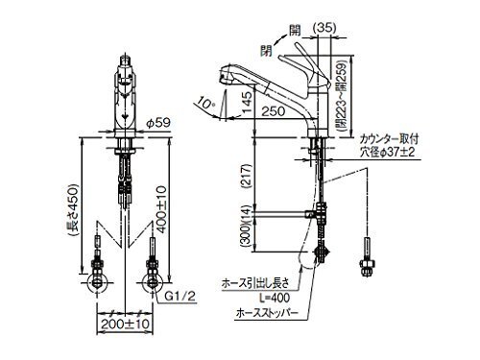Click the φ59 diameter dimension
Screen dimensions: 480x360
(x=158, y=123)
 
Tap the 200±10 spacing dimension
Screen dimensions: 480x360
(x=125, y=324)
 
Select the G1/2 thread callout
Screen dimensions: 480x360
(x=180, y=297)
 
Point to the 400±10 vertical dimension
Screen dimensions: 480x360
(x=162, y=209)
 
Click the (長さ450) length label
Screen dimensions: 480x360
(x=73, y=209)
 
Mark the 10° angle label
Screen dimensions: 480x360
(x=205, y=103)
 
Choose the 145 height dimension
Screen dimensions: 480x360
(x=247, y=102)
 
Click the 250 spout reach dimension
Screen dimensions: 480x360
(x=273, y=111)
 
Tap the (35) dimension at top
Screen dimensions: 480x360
(x=324, y=28)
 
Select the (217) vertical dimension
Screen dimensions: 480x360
(x=248, y=177)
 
